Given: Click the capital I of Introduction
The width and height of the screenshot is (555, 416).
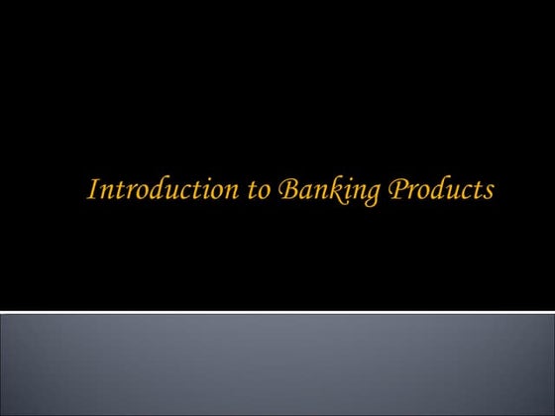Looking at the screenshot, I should [x=93, y=189].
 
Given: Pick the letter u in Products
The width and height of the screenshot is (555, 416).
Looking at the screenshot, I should [x=439, y=191].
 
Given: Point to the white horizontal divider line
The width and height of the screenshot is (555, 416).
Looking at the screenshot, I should [x=277, y=313].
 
